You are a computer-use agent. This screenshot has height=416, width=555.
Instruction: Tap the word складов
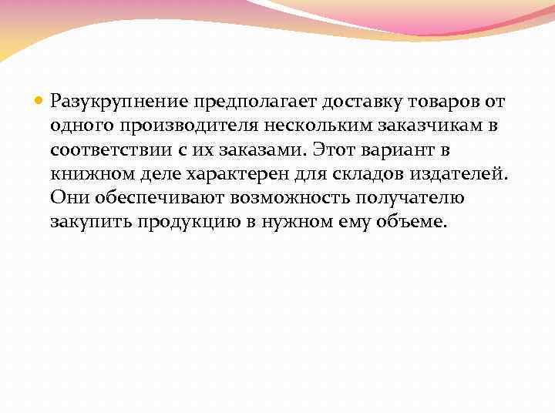(365, 174)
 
